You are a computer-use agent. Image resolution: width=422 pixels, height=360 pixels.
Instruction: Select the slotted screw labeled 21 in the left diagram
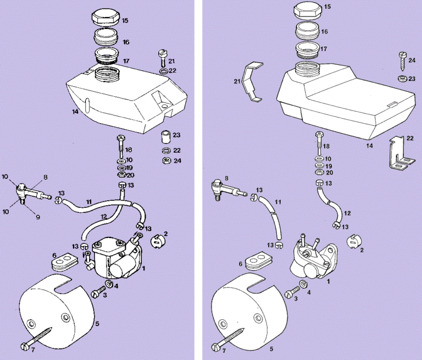162,56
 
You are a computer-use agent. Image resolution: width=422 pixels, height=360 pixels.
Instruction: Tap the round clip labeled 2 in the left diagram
156,239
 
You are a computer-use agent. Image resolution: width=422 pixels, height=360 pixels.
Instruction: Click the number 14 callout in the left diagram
75,112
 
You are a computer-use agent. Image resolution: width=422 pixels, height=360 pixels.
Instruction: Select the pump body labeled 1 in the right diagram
310,258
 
